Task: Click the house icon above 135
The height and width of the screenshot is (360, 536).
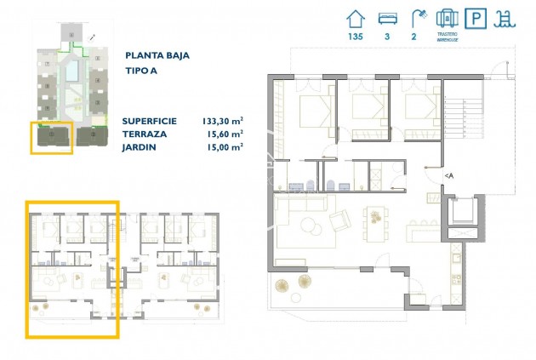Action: pos(356,17)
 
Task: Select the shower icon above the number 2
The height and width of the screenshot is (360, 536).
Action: pos(417,17)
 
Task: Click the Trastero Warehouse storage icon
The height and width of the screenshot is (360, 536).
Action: pos(447,16)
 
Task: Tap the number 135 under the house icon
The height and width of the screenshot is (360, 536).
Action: pos(356,37)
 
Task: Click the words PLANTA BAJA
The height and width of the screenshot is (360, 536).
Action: pos(157,55)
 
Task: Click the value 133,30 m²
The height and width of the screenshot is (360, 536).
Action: pos(223,121)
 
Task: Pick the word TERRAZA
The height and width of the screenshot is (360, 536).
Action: pos(145,134)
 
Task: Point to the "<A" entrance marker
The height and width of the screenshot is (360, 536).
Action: pos(448,175)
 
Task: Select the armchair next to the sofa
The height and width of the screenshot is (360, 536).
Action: pos(339,221)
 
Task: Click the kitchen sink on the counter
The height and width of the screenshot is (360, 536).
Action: pos(456,253)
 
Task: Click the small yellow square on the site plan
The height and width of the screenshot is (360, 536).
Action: pos(52,136)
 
